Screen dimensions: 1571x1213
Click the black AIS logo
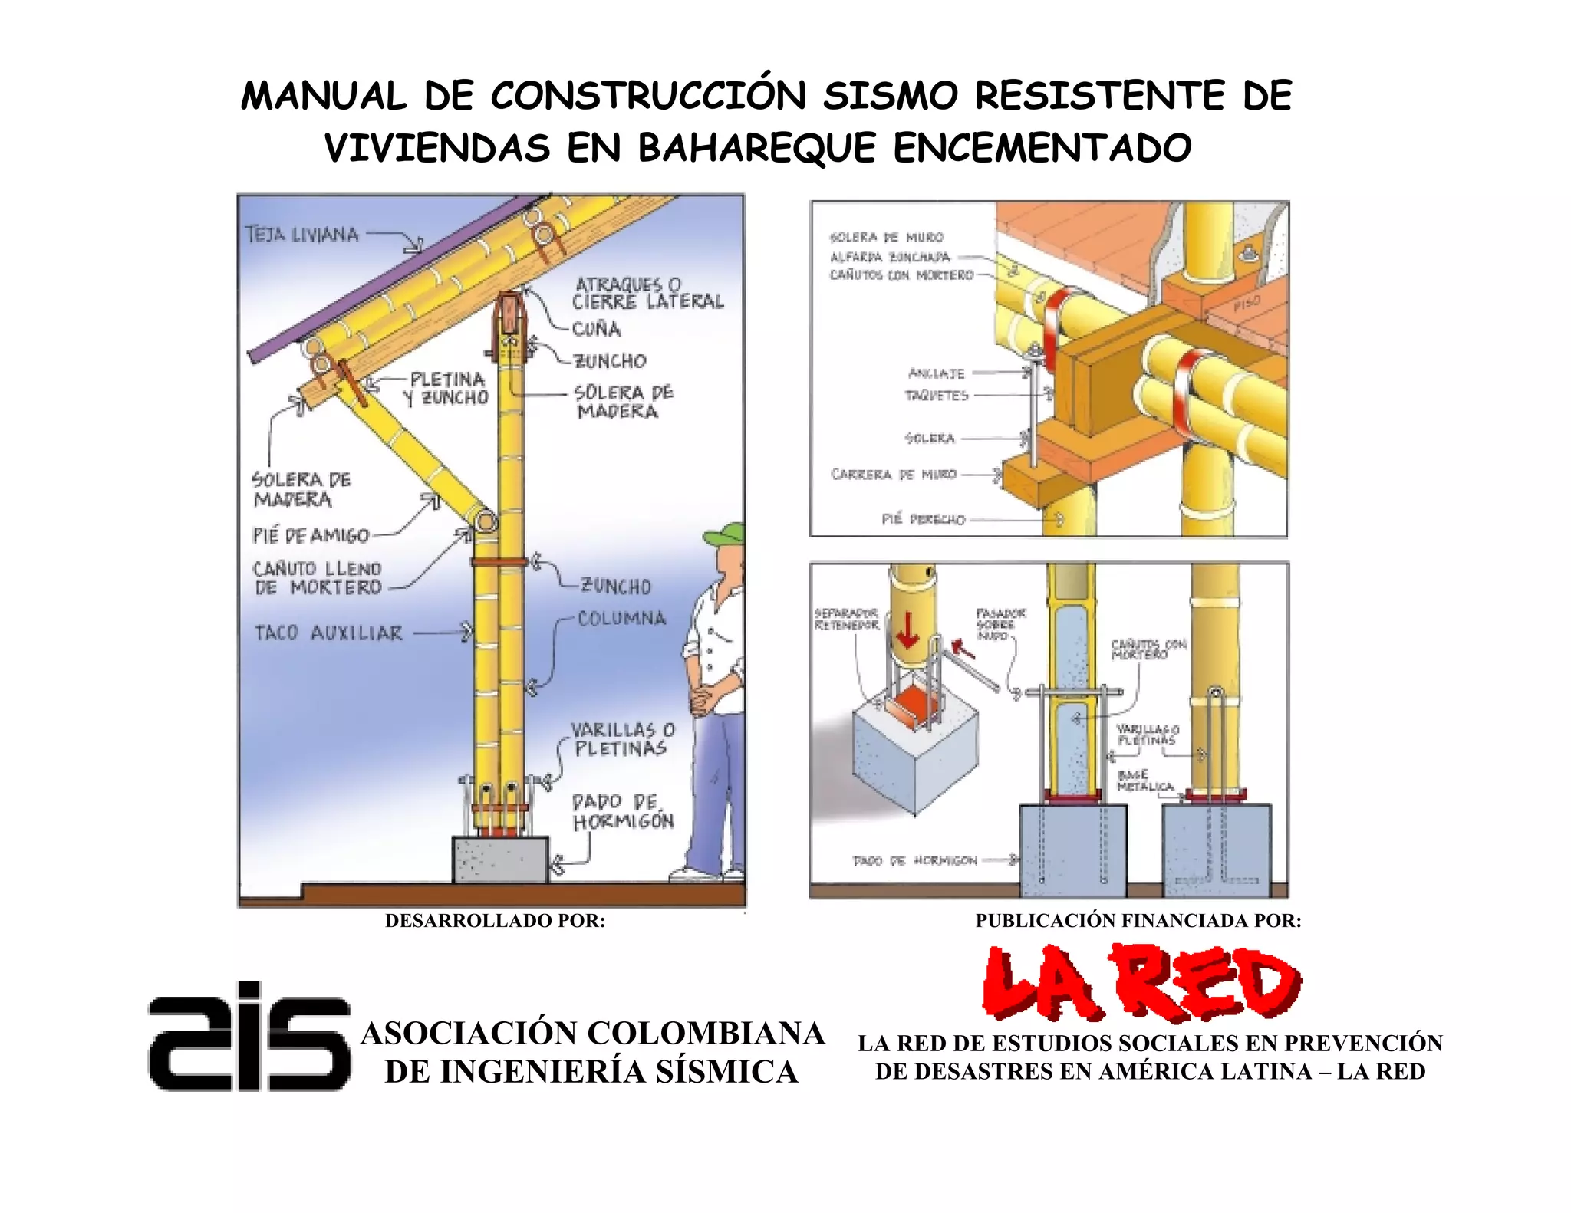(249, 1037)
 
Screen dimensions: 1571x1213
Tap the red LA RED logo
(1141, 984)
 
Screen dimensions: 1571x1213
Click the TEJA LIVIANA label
(302, 234)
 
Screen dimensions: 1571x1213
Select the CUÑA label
(596, 329)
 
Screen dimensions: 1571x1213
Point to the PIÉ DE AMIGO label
(311, 535)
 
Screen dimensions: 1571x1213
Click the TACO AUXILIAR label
(328, 633)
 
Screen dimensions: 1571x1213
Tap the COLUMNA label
(621, 618)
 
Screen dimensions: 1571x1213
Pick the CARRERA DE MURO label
(894, 475)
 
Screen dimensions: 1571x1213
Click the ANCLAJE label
(936, 373)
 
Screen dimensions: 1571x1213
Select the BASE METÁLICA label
(1144, 781)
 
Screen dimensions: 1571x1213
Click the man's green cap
(726, 534)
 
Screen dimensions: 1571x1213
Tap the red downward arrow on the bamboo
(908, 630)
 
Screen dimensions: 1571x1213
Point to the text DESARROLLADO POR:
(495, 921)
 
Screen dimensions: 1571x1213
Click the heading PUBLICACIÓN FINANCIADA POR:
(1138, 921)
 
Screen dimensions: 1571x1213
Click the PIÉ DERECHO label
(923, 519)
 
